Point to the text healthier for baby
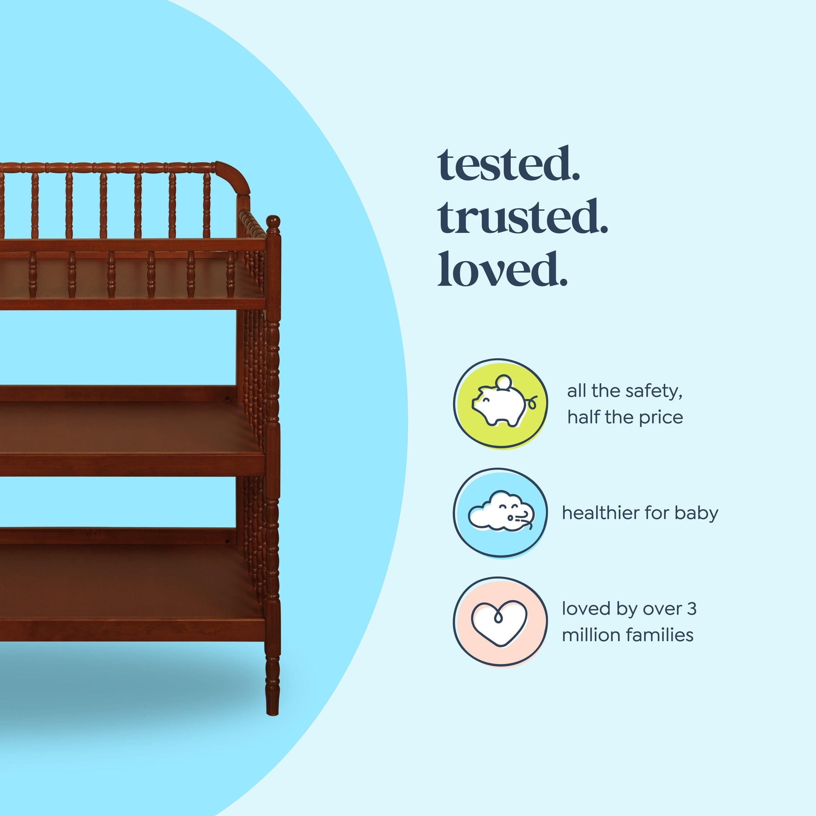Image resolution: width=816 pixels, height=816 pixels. (x=640, y=513)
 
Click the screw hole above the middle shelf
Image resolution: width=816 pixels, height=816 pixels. (x=228, y=398)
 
